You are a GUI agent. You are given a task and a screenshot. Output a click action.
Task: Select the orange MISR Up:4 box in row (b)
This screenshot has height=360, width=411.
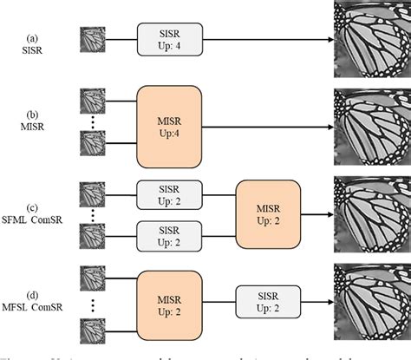click(x=169, y=127)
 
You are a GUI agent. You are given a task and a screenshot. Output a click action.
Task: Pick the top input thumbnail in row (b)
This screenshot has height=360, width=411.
click(x=92, y=101)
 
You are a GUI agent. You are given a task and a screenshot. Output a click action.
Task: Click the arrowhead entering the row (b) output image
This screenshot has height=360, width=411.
click(x=329, y=127)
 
